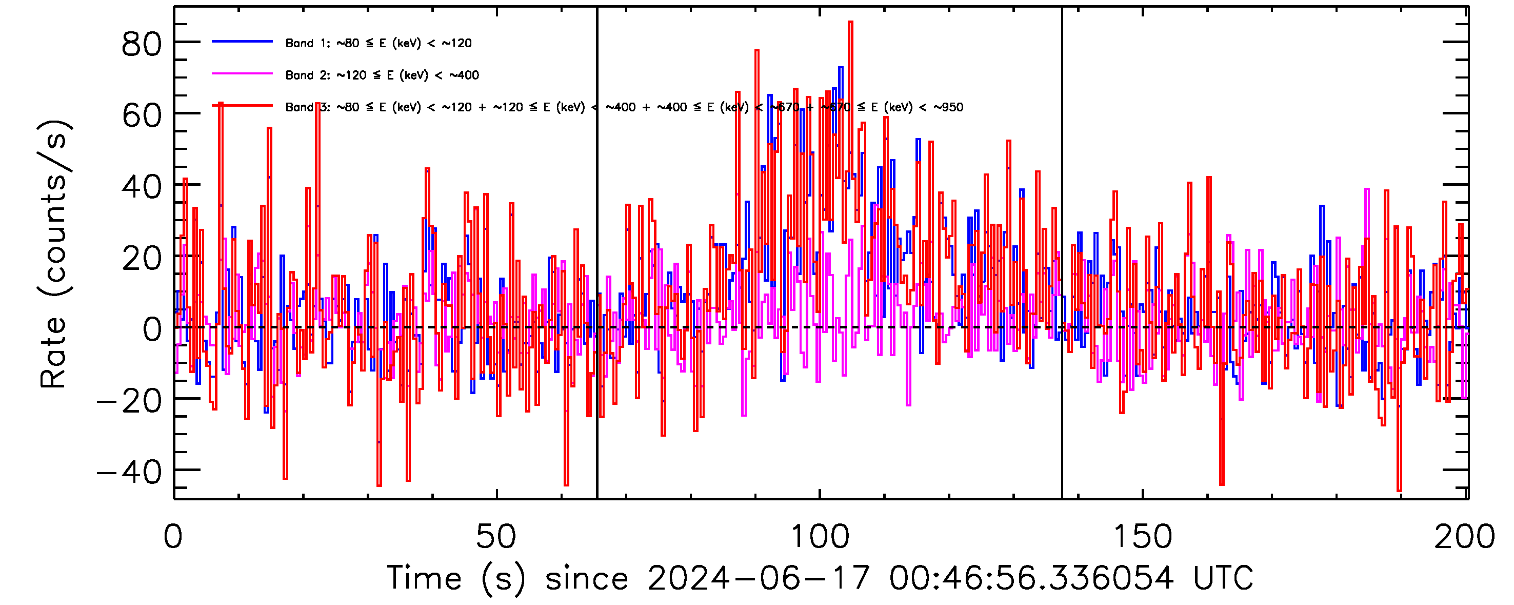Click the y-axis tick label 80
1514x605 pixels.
point(141,44)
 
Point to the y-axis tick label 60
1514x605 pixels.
point(141,115)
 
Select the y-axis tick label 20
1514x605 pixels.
point(141,258)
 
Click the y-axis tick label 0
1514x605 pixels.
point(152,330)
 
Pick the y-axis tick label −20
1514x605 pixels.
point(129,402)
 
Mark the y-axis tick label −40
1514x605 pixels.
point(129,473)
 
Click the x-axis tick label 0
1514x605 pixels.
point(173,536)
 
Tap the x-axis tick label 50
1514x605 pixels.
point(496,536)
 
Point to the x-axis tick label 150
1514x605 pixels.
point(1143,536)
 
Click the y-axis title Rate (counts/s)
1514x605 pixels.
point(54,254)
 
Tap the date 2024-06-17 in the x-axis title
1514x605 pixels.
point(758,578)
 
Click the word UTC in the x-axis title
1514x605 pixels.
point(1223,578)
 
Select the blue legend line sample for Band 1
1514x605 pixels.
point(242,42)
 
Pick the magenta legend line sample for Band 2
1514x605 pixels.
point(242,74)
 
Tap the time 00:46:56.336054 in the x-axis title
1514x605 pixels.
point(1031,578)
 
